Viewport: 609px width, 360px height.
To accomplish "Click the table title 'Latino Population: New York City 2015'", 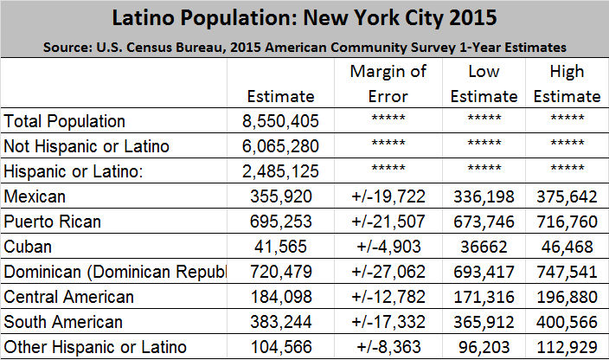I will [x=304, y=18].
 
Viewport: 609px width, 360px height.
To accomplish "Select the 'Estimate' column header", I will [x=280, y=96].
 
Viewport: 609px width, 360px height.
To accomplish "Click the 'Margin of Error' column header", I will [x=389, y=84].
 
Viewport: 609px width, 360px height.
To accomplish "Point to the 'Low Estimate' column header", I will [x=489, y=84].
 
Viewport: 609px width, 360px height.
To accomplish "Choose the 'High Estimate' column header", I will [x=567, y=84].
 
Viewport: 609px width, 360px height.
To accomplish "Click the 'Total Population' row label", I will [x=65, y=121].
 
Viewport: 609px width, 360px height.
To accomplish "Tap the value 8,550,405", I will [x=280, y=121].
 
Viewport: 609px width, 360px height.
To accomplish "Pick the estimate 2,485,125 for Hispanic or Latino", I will [x=280, y=171].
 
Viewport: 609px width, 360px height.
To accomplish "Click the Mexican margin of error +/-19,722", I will [x=389, y=196].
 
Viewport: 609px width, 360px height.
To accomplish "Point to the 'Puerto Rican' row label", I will [x=53, y=222].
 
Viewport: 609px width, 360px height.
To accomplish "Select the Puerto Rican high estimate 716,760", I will [x=567, y=222].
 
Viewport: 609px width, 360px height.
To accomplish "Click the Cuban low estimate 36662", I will [x=489, y=247].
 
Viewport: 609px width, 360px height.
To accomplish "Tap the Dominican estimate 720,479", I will [x=280, y=272].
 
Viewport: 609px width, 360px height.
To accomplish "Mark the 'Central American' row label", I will [x=69, y=297].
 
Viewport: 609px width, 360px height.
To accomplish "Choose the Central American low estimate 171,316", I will [x=489, y=297].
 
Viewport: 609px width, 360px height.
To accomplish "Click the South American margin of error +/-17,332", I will [x=389, y=322].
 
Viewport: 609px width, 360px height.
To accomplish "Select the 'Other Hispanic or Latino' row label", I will [x=95, y=347].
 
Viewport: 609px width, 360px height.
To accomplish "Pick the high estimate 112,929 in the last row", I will [x=567, y=347].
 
